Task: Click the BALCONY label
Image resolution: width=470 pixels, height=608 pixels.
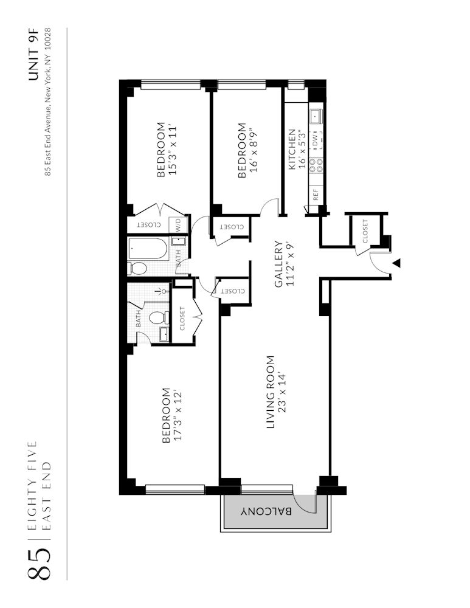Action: point(266,511)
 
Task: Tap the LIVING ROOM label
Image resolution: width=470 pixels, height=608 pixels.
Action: point(271,392)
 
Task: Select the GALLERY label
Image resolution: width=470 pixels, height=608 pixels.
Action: point(278,264)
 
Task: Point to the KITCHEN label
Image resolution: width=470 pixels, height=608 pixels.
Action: point(292,149)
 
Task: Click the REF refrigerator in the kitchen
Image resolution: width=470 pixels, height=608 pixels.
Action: point(316,195)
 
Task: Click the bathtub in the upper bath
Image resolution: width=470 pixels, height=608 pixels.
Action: point(148,248)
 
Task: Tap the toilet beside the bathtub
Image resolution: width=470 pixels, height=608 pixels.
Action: point(137,268)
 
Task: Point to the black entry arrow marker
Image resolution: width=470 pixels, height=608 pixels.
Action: point(396,263)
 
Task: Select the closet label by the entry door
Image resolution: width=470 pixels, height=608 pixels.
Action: point(365,232)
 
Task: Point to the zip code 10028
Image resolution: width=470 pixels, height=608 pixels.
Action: point(48,39)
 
